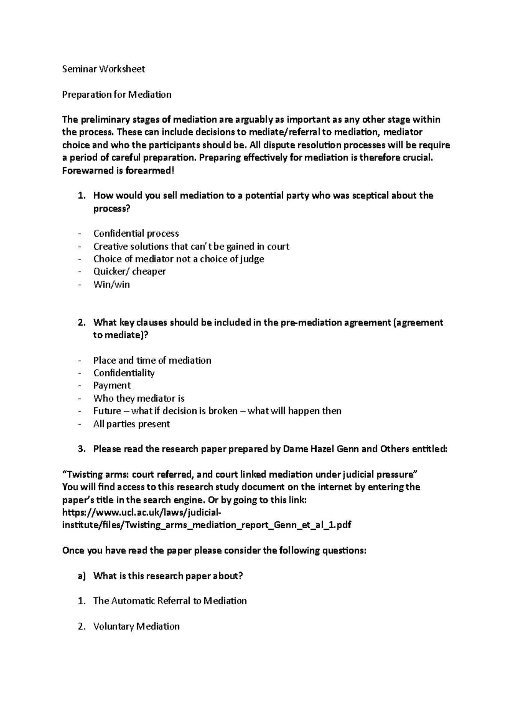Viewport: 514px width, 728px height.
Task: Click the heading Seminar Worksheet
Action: (103, 69)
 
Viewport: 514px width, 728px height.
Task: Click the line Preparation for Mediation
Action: (117, 94)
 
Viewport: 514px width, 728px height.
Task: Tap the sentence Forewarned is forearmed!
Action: (118, 170)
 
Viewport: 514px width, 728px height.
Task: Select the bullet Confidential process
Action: (136, 234)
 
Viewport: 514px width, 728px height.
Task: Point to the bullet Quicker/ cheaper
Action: (129, 271)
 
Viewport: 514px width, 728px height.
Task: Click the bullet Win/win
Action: (111, 284)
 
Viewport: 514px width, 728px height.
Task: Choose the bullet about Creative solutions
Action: (191, 247)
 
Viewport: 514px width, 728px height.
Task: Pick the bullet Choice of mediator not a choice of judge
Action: (178, 259)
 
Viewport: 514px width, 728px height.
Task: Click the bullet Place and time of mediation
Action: (152, 360)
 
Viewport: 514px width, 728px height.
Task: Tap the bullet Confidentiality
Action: (124, 373)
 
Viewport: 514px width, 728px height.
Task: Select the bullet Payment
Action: (112, 385)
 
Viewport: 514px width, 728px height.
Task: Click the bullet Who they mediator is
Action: (139, 398)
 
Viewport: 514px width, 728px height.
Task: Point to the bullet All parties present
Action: (131, 424)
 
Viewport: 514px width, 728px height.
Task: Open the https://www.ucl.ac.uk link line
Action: (142, 512)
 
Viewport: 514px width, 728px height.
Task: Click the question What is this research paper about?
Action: (168, 576)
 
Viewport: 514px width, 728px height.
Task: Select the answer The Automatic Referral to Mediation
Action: (170, 601)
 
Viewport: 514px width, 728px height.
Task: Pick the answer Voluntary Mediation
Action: (136, 626)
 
